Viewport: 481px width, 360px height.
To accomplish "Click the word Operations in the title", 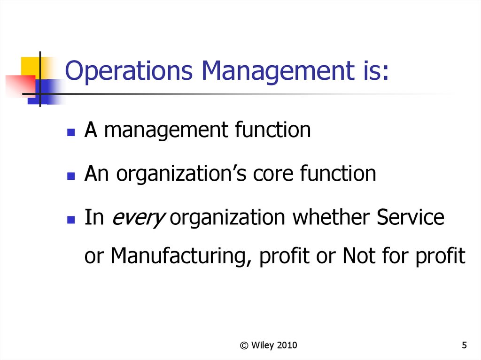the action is pyautogui.click(x=129, y=71).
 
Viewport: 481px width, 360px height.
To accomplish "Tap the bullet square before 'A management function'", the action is pyautogui.click(x=71, y=132).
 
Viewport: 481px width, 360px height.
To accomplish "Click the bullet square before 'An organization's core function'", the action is pyautogui.click(x=71, y=176).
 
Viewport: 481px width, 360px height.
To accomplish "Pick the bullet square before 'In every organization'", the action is pyautogui.click(x=71, y=220).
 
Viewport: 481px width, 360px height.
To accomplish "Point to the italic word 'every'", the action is pyautogui.click(x=139, y=219).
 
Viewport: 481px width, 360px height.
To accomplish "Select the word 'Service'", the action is pyautogui.click(x=411, y=217).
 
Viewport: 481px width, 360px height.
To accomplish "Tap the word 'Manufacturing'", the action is pyautogui.click(x=179, y=256).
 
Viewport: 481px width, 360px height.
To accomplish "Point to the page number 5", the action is pyautogui.click(x=464, y=345).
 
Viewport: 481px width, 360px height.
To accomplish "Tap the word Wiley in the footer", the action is pyautogui.click(x=262, y=345).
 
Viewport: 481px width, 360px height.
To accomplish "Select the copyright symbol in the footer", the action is pyautogui.click(x=244, y=345).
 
